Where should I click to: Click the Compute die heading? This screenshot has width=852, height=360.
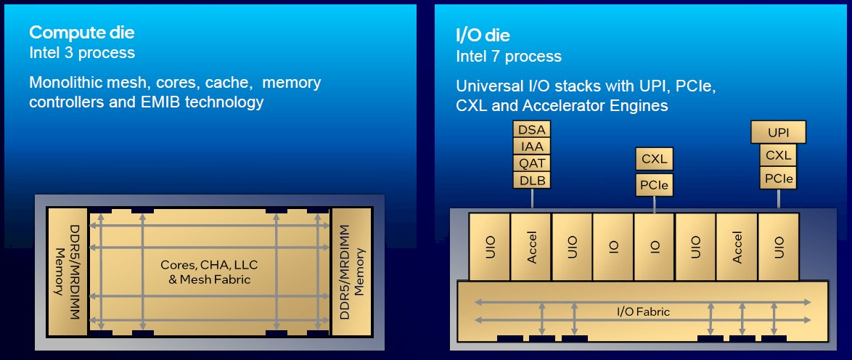(x=81, y=33)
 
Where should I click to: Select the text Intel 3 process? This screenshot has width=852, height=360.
(x=81, y=53)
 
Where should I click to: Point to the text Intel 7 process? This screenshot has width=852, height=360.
(x=509, y=56)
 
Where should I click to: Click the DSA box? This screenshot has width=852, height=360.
(x=532, y=129)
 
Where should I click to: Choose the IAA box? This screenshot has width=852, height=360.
(x=532, y=146)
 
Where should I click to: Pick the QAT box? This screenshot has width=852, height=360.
(x=532, y=163)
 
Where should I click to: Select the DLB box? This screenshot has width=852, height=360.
(x=532, y=180)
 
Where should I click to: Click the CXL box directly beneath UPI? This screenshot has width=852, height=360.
(x=779, y=155)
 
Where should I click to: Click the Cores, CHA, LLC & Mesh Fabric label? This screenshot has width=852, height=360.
(x=208, y=271)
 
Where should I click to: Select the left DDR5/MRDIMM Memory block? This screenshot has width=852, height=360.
(x=66, y=271)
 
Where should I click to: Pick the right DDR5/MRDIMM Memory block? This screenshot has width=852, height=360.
(x=351, y=271)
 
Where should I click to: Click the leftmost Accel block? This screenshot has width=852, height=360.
(x=531, y=246)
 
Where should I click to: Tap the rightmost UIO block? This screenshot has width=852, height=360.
(x=779, y=246)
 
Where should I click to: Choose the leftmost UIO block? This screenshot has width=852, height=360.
(x=490, y=246)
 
